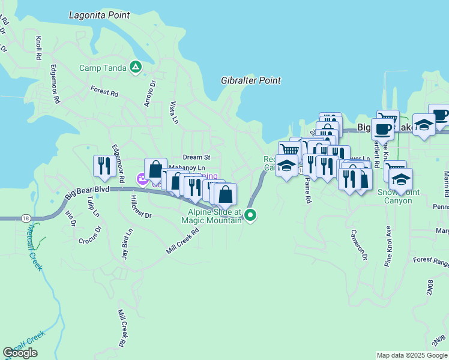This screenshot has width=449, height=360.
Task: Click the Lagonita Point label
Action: point(100,14)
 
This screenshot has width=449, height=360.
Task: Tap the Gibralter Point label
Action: point(251,80)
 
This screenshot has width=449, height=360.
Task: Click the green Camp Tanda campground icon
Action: point(137,67)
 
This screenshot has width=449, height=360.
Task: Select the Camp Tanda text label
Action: point(103,67)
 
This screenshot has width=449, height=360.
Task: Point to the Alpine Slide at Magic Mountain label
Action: point(214,216)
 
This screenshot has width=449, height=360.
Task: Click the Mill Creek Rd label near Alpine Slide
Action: point(182,239)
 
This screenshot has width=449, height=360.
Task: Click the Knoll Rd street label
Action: point(38,48)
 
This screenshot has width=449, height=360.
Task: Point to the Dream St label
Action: point(197,157)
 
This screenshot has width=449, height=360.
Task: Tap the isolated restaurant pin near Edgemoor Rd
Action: point(104,167)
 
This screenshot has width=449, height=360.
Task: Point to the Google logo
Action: point(20,353)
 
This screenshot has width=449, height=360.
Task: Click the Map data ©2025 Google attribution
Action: point(412,355)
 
